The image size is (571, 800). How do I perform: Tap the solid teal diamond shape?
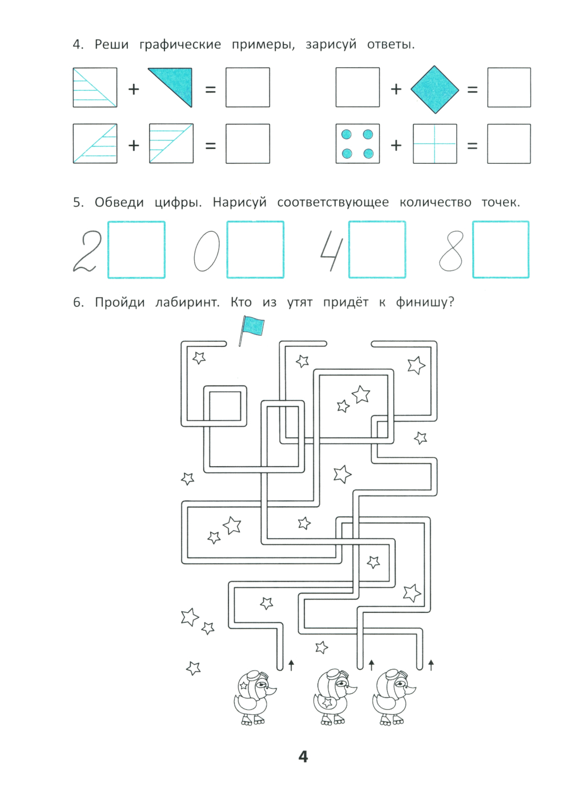pyautogui.click(x=435, y=89)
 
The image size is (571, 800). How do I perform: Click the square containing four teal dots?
pyautogui.click(x=357, y=144)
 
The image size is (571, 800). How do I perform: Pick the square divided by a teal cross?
pyautogui.click(x=435, y=144)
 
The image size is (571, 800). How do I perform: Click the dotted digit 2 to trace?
pyautogui.click(x=87, y=251)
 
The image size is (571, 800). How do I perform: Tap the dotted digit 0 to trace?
pyautogui.click(x=207, y=251)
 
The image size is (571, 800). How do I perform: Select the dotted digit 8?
pyautogui.click(x=451, y=251)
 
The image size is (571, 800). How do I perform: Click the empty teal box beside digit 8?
pyautogui.click(x=501, y=249)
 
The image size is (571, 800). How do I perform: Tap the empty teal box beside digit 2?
pyautogui.click(x=136, y=249)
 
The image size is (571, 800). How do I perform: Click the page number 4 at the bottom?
pyautogui.click(x=303, y=757)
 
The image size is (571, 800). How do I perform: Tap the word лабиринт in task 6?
pyautogui.click(x=187, y=302)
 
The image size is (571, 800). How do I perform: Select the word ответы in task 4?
pyautogui.click(x=391, y=45)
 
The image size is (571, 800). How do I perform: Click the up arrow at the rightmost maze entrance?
pyautogui.click(x=431, y=664)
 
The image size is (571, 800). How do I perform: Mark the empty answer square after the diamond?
pyautogui.click(x=509, y=87)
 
